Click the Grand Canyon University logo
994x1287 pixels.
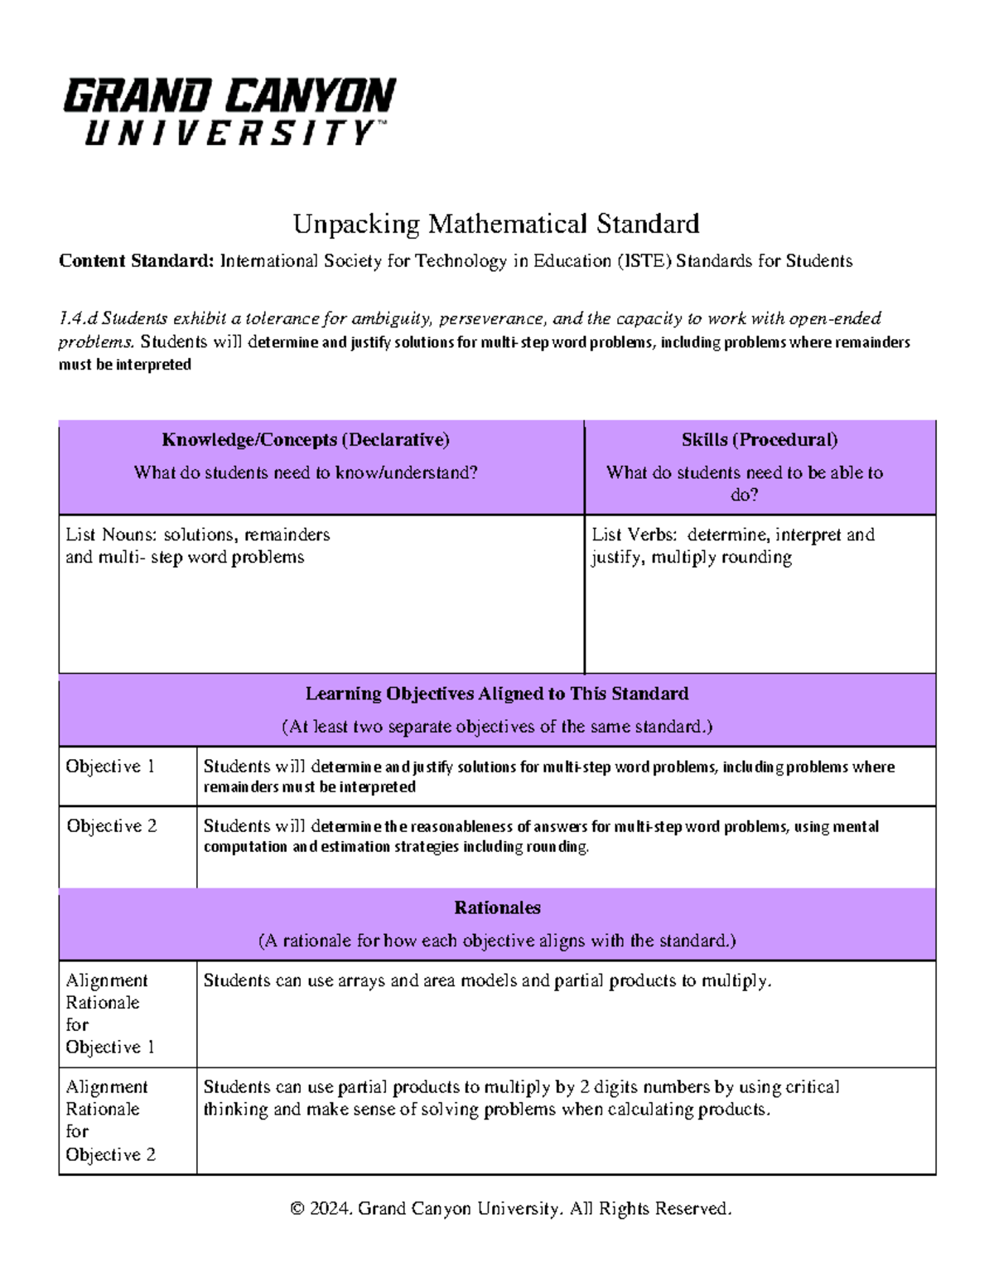[229, 112]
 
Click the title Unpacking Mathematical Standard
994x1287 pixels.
[496, 224]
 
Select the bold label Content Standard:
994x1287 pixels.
[136, 261]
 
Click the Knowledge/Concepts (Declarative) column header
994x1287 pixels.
[306, 440]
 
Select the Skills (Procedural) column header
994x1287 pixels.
[760, 440]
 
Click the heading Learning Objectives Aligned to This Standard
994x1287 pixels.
[497, 694]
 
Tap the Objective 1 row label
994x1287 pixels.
[110, 767]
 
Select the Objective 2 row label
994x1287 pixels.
[111, 826]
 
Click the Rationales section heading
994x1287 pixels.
[497, 907]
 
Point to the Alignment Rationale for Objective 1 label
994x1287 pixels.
[107, 1014]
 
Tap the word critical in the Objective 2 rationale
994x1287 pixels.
[811, 1087]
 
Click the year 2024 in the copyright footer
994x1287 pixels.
[331, 1209]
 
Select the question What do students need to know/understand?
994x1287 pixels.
[306, 473]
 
